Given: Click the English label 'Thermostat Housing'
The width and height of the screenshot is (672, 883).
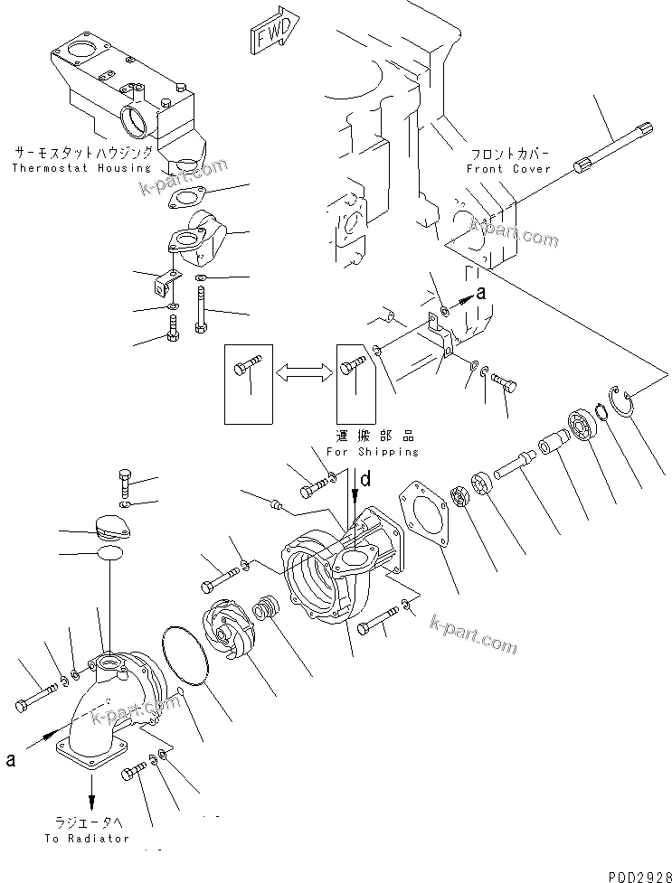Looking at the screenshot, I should (x=81, y=168).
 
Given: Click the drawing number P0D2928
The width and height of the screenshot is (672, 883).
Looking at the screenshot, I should (x=637, y=875).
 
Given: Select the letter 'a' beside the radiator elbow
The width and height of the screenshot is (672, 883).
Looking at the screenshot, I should (x=11, y=759).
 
